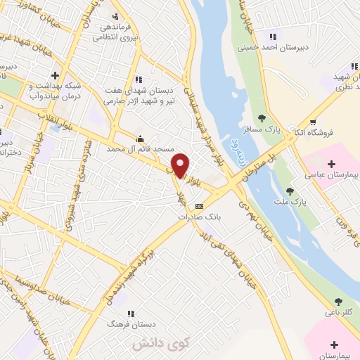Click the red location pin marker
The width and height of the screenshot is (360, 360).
181,165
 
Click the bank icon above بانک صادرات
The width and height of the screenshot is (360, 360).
200,206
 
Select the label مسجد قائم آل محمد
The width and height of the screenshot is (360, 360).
134,150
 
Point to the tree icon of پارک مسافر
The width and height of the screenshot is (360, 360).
262,117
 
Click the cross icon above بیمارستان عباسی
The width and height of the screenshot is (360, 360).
331,163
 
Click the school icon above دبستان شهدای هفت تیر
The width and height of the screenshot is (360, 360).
138,79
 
